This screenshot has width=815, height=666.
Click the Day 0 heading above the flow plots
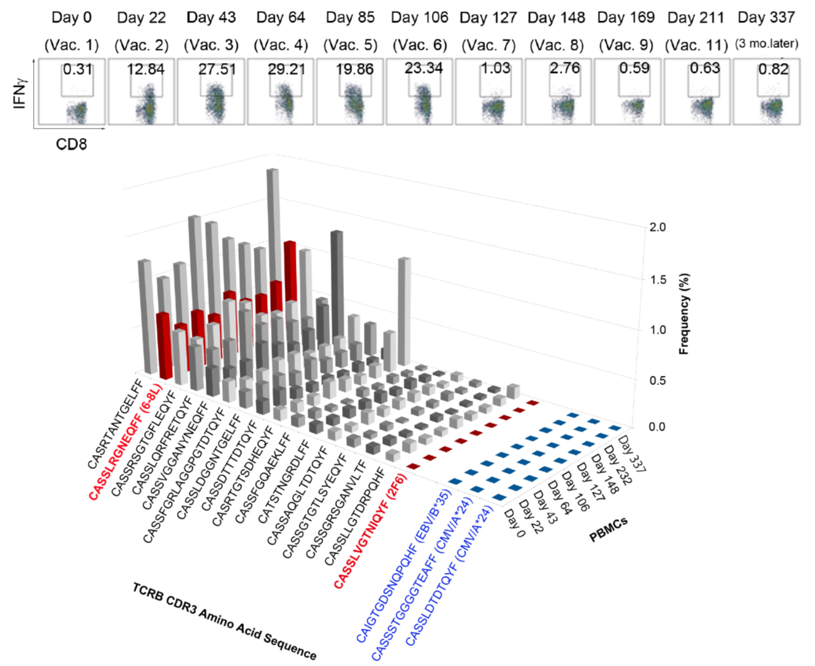pos(71,17)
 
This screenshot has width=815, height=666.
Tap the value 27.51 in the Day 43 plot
pos(216,69)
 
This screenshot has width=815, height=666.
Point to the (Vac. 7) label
pos(488,45)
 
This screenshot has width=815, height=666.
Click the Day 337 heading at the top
pos(766,17)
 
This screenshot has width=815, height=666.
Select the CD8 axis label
pos(71,144)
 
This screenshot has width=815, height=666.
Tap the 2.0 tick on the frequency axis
pos(658,227)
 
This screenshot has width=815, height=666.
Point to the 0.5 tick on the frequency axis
pos(658,380)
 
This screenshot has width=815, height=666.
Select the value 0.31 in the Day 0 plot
pos(77,69)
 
